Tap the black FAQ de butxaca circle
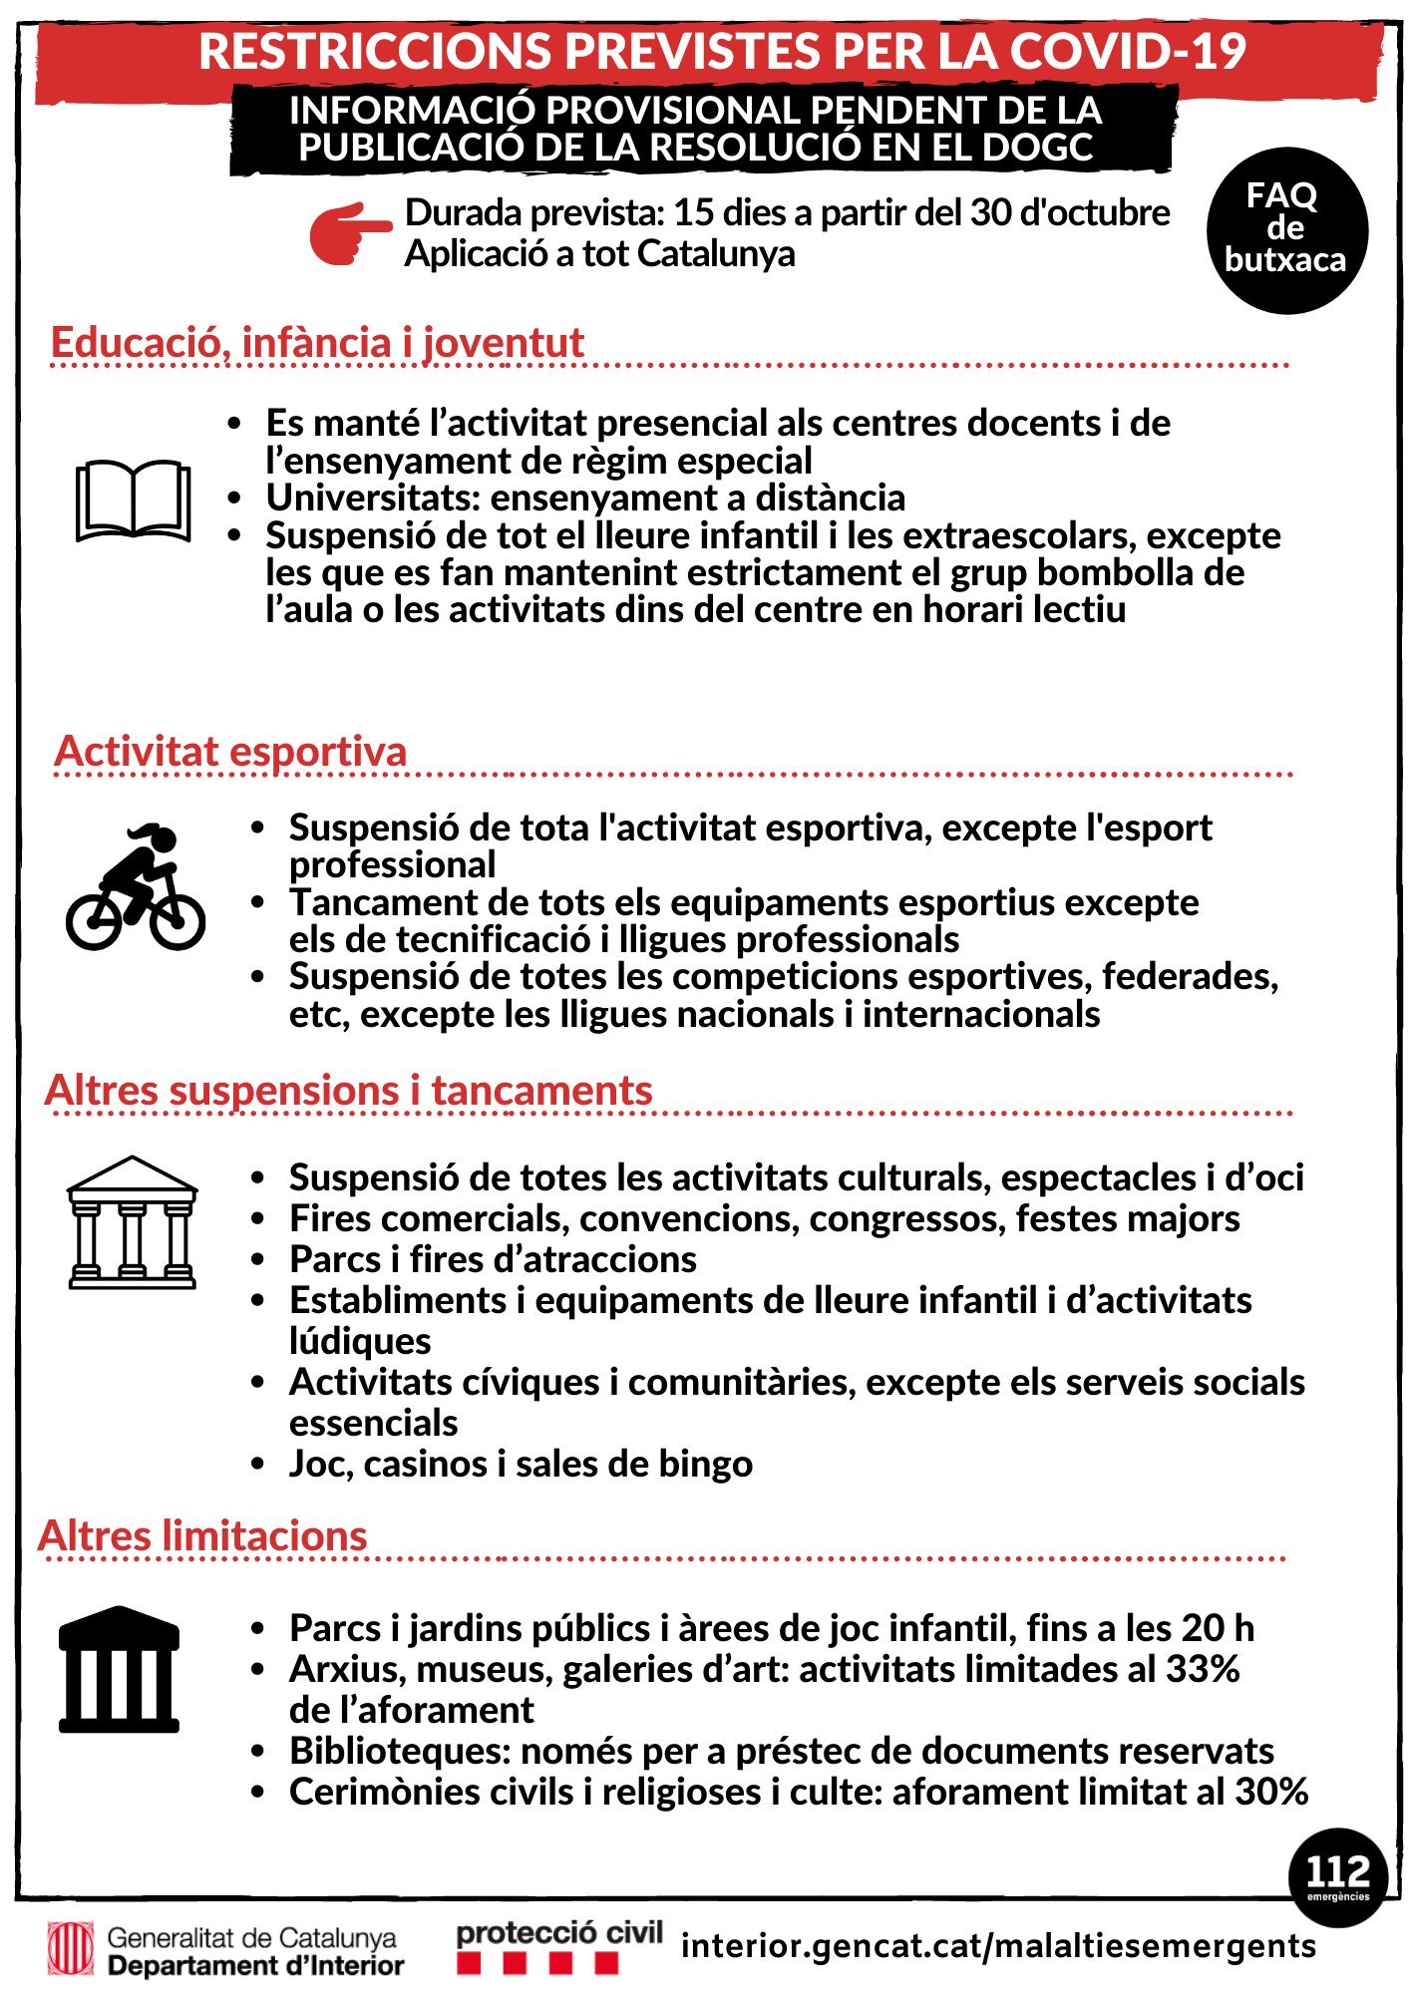click(x=1286, y=230)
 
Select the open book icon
click(x=133, y=499)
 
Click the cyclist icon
click(x=136, y=887)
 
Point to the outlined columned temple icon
click(x=132, y=1222)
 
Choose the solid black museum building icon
click(x=119, y=1670)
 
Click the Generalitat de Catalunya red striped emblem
click(x=71, y=1949)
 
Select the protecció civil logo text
click(x=559, y=1933)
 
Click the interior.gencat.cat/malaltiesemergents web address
click(x=998, y=1945)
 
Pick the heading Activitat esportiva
click(x=231, y=751)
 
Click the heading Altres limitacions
click(x=203, y=1535)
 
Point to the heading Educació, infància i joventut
click(x=317, y=342)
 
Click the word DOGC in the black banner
click(x=1037, y=148)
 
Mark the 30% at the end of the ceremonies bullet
click(x=1271, y=1792)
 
